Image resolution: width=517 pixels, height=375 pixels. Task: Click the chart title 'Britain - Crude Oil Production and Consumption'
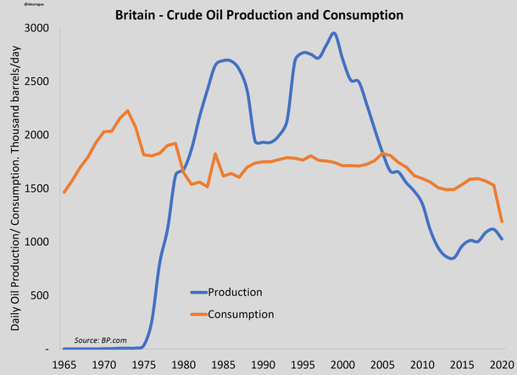pyautogui.click(x=259, y=15)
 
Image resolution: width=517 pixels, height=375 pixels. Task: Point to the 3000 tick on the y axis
pyautogui.click(x=37, y=28)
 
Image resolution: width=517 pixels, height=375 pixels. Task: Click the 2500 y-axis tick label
pyautogui.click(x=37, y=81)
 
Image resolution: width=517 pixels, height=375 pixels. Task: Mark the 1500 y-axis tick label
pyautogui.click(x=37, y=188)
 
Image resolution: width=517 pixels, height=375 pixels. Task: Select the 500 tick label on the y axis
pyautogui.click(x=40, y=295)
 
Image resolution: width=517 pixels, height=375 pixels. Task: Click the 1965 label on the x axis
pyautogui.click(x=64, y=364)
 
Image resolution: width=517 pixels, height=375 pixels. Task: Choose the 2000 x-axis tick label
pyautogui.click(x=345, y=364)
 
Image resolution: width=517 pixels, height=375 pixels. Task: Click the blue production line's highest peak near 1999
pyautogui.click(x=334, y=33)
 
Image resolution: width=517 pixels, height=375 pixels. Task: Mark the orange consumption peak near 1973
pyautogui.click(x=127, y=110)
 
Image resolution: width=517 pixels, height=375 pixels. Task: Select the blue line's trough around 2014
pyautogui.click(x=452, y=258)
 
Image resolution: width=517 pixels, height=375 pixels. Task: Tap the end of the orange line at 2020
pyautogui.click(x=503, y=221)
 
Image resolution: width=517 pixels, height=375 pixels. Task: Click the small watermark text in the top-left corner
pyautogui.click(x=14, y=5)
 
